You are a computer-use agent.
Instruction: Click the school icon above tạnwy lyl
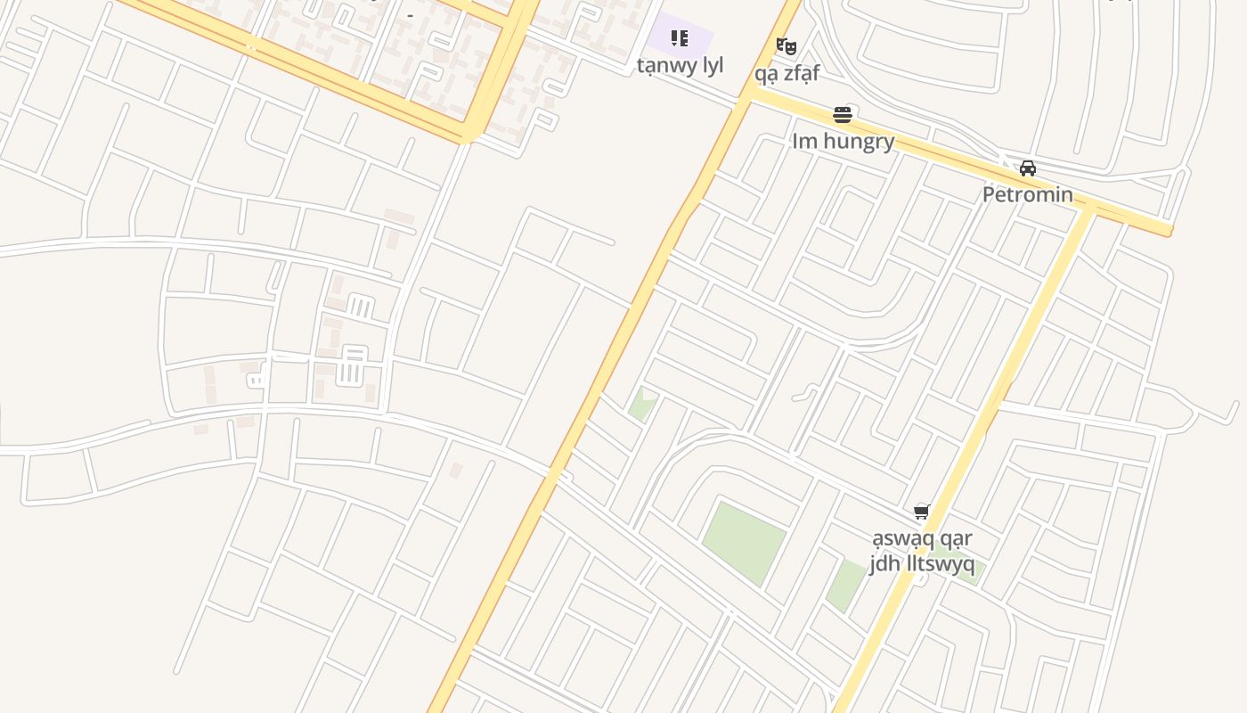click(x=680, y=38)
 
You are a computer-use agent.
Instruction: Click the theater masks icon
click(x=786, y=45)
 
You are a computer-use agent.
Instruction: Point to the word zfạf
click(x=799, y=73)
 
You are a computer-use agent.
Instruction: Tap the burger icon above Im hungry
click(x=843, y=114)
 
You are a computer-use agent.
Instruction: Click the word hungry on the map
click(x=859, y=141)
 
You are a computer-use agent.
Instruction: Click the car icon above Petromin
click(x=1028, y=168)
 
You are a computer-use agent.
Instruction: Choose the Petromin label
click(x=1028, y=194)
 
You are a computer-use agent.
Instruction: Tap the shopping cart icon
click(x=922, y=512)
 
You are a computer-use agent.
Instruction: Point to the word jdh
click(x=884, y=565)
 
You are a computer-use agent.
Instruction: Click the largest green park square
click(x=744, y=542)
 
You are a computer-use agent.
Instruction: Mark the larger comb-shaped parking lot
click(x=354, y=366)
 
